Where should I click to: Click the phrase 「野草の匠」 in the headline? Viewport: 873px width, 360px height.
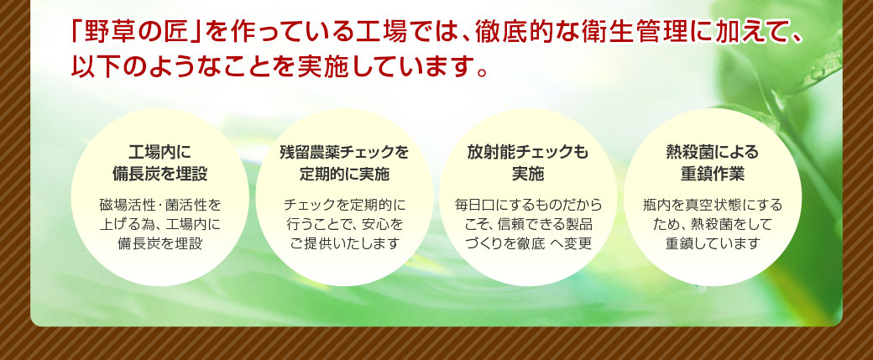coord(136,34)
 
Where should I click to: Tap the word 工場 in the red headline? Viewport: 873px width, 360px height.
coord(378,34)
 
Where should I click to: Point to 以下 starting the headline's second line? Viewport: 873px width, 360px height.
coord(94,65)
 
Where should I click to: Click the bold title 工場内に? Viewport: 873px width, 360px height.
coord(159,153)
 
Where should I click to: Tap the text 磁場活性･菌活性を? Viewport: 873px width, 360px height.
coord(159,206)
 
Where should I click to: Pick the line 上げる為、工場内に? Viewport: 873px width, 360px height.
coord(159,224)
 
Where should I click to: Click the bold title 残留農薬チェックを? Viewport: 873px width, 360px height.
coord(344,153)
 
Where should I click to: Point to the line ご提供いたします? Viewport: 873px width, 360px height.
coord(345,243)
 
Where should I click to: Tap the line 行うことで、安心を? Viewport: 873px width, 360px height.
coord(345,224)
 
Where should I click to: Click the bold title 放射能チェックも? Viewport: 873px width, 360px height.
coord(528,153)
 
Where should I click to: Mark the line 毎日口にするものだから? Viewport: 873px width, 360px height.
coord(528,206)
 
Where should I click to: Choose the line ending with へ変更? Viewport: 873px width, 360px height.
coord(528,243)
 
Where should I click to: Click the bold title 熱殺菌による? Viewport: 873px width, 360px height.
coord(712,153)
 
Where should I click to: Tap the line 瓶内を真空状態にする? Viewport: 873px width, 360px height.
coord(712,206)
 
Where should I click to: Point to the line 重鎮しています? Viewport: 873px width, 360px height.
coord(712,243)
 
